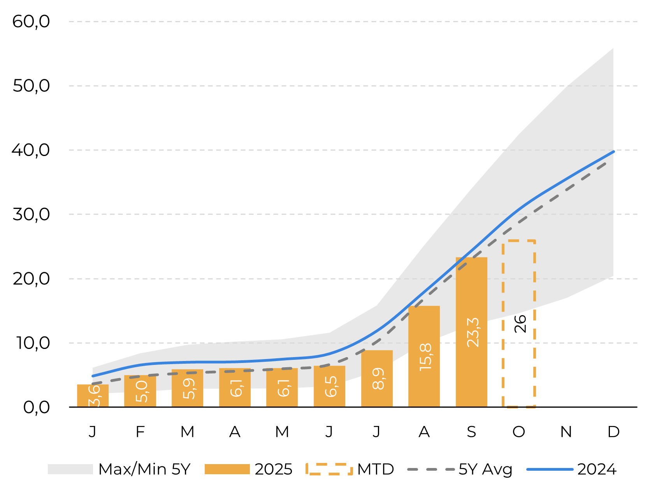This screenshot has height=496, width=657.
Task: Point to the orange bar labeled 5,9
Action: click(187, 388)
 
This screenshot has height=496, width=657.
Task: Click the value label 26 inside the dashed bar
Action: click(520, 324)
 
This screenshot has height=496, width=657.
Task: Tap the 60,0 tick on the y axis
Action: click(31, 21)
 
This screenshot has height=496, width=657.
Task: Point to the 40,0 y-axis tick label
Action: click(31, 150)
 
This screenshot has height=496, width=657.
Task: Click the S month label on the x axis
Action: click(471, 432)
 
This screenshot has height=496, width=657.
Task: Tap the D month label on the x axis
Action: click(613, 432)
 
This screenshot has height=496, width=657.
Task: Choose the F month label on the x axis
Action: click(140, 432)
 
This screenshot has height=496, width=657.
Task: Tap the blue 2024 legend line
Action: click(550, 469)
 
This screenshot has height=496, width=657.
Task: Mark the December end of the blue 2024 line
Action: click(613, 151)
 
